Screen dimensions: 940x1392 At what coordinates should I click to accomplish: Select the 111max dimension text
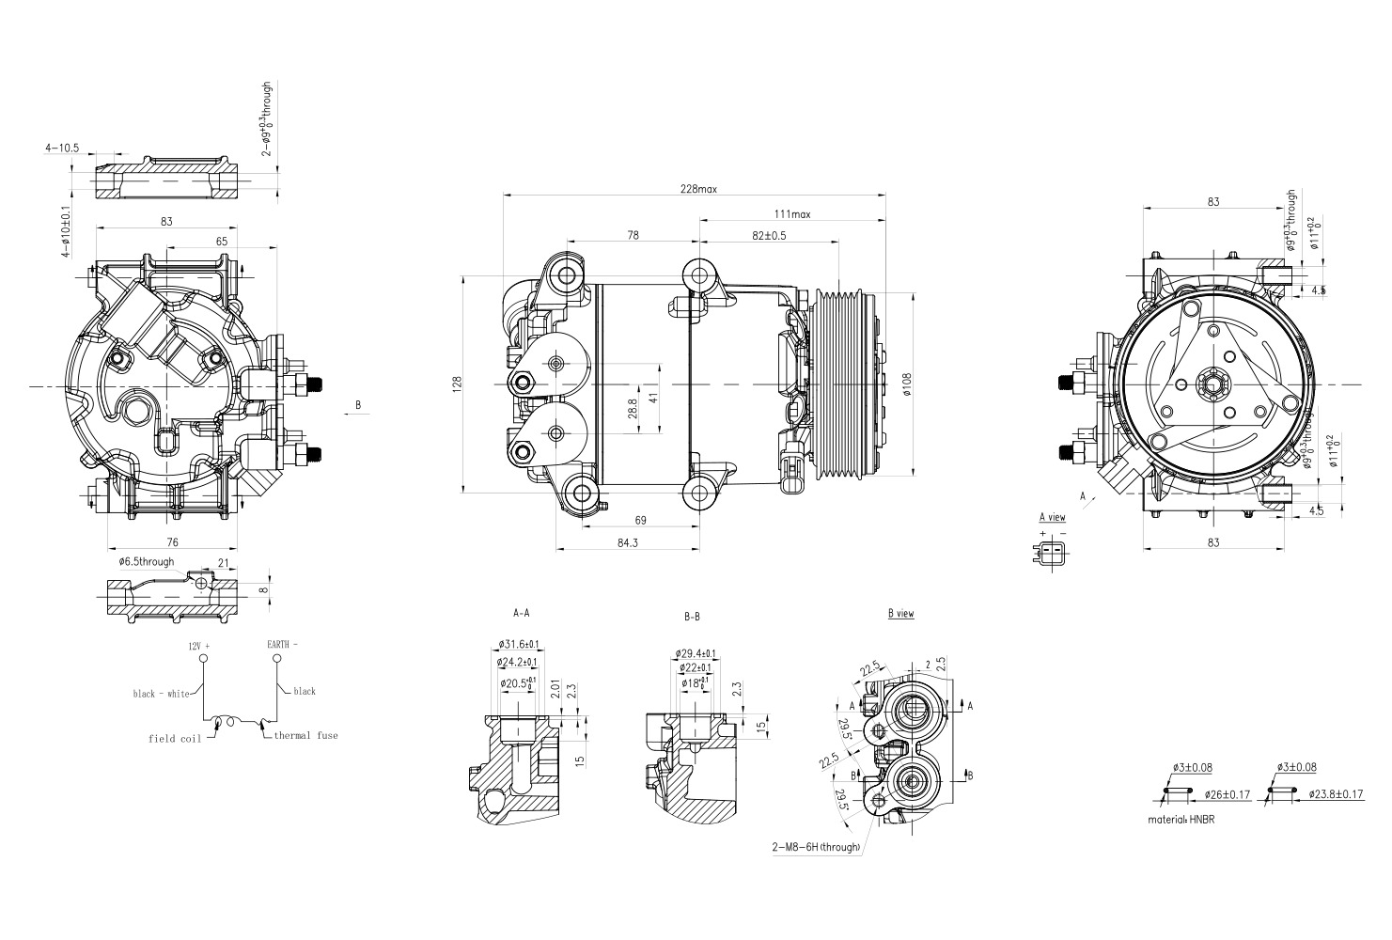pyautogui.click(x=792, y=214)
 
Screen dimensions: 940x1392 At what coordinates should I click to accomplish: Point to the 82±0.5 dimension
pyautogui.click(x=768, y=235)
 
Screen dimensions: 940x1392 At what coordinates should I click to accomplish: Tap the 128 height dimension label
pyautogui.click(x=457, y=384)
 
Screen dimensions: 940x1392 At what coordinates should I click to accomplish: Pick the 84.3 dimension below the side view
pyautogui.click(x=627, y=542)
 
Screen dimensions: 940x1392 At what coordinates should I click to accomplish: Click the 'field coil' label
pyautogui.click(x=175, y=739)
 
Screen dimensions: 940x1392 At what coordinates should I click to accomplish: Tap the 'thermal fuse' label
pyautogui.click(x=305, y=735)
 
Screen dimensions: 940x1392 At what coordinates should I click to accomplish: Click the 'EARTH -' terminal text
pyautogui.click(x=282, y=646)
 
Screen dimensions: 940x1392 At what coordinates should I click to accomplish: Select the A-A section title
pyautogui.click(x=521, y=613)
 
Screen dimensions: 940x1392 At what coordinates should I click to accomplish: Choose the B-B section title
pyautogui.click(x=692, y=618)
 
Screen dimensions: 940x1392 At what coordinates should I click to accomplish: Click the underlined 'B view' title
pyautogui.click(x=900, y=614)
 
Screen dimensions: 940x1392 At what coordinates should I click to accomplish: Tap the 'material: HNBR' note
pyautogui.click(x=1181, y=820)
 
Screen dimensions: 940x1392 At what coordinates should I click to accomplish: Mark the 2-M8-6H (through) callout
pyautogui.click(x=816, y=847)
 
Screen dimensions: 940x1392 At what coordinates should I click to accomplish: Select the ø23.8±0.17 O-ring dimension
pyautogui.click(x=1336, y=794)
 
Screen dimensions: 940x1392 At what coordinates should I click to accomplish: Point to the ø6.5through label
pyautogui.click(x=147, y=562)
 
